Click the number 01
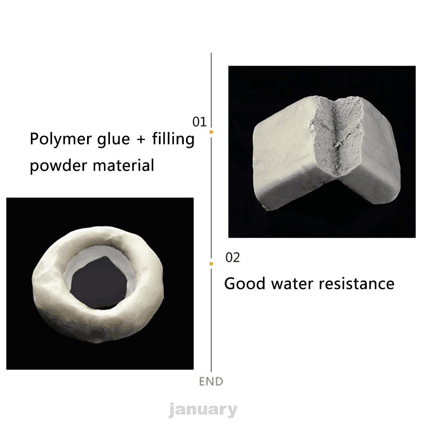click(199, 122)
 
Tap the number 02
click(232, 257)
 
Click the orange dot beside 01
click(211, 132)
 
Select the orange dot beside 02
click(211, 264)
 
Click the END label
click(211, 382)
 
